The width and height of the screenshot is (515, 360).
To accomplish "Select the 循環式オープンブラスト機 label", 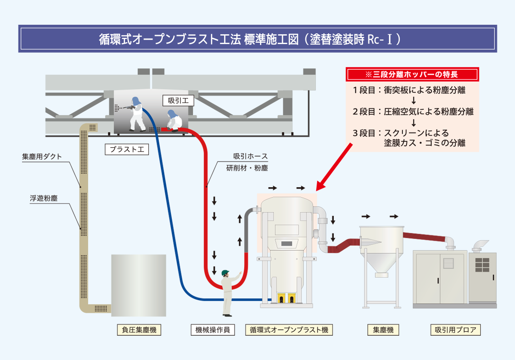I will (x=289, y=330).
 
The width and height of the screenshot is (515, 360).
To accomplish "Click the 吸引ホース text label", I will (x=251, y=157).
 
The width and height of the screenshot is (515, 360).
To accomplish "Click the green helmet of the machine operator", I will (x=225, y=273).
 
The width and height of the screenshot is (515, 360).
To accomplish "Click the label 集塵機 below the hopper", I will (x=383, y=330).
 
